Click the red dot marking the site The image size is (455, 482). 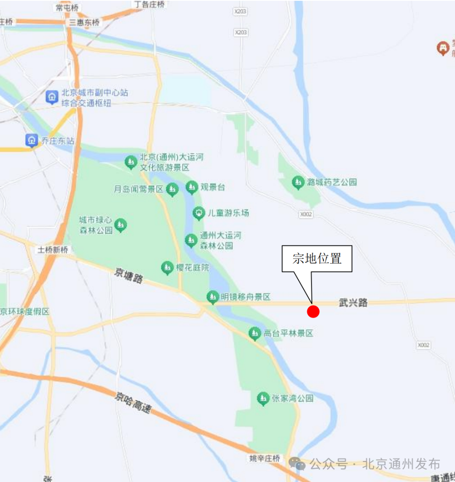point(313,312)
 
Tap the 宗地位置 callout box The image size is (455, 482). point(317,258)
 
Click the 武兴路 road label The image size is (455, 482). point(353,302)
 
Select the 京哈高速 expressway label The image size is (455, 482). point(133,402)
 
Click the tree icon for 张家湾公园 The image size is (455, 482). point(263,398)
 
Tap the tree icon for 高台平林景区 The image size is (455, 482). point(254,334)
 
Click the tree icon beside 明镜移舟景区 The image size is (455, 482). point(213,297)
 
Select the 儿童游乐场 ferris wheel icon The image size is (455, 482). point(198,213)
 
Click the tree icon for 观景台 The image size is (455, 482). point(192,187)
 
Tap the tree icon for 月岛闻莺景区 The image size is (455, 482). point(172,190)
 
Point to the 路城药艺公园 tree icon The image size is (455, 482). point(298,182)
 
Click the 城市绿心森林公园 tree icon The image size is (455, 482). point(121,225)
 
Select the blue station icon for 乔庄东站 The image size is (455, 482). point(32,140)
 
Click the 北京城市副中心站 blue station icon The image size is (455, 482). point(52,97)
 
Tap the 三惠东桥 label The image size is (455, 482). point(85,23)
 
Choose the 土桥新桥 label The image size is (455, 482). point(53,250)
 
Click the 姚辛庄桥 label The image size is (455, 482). point(265,458)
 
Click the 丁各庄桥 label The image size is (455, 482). point(149,4)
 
